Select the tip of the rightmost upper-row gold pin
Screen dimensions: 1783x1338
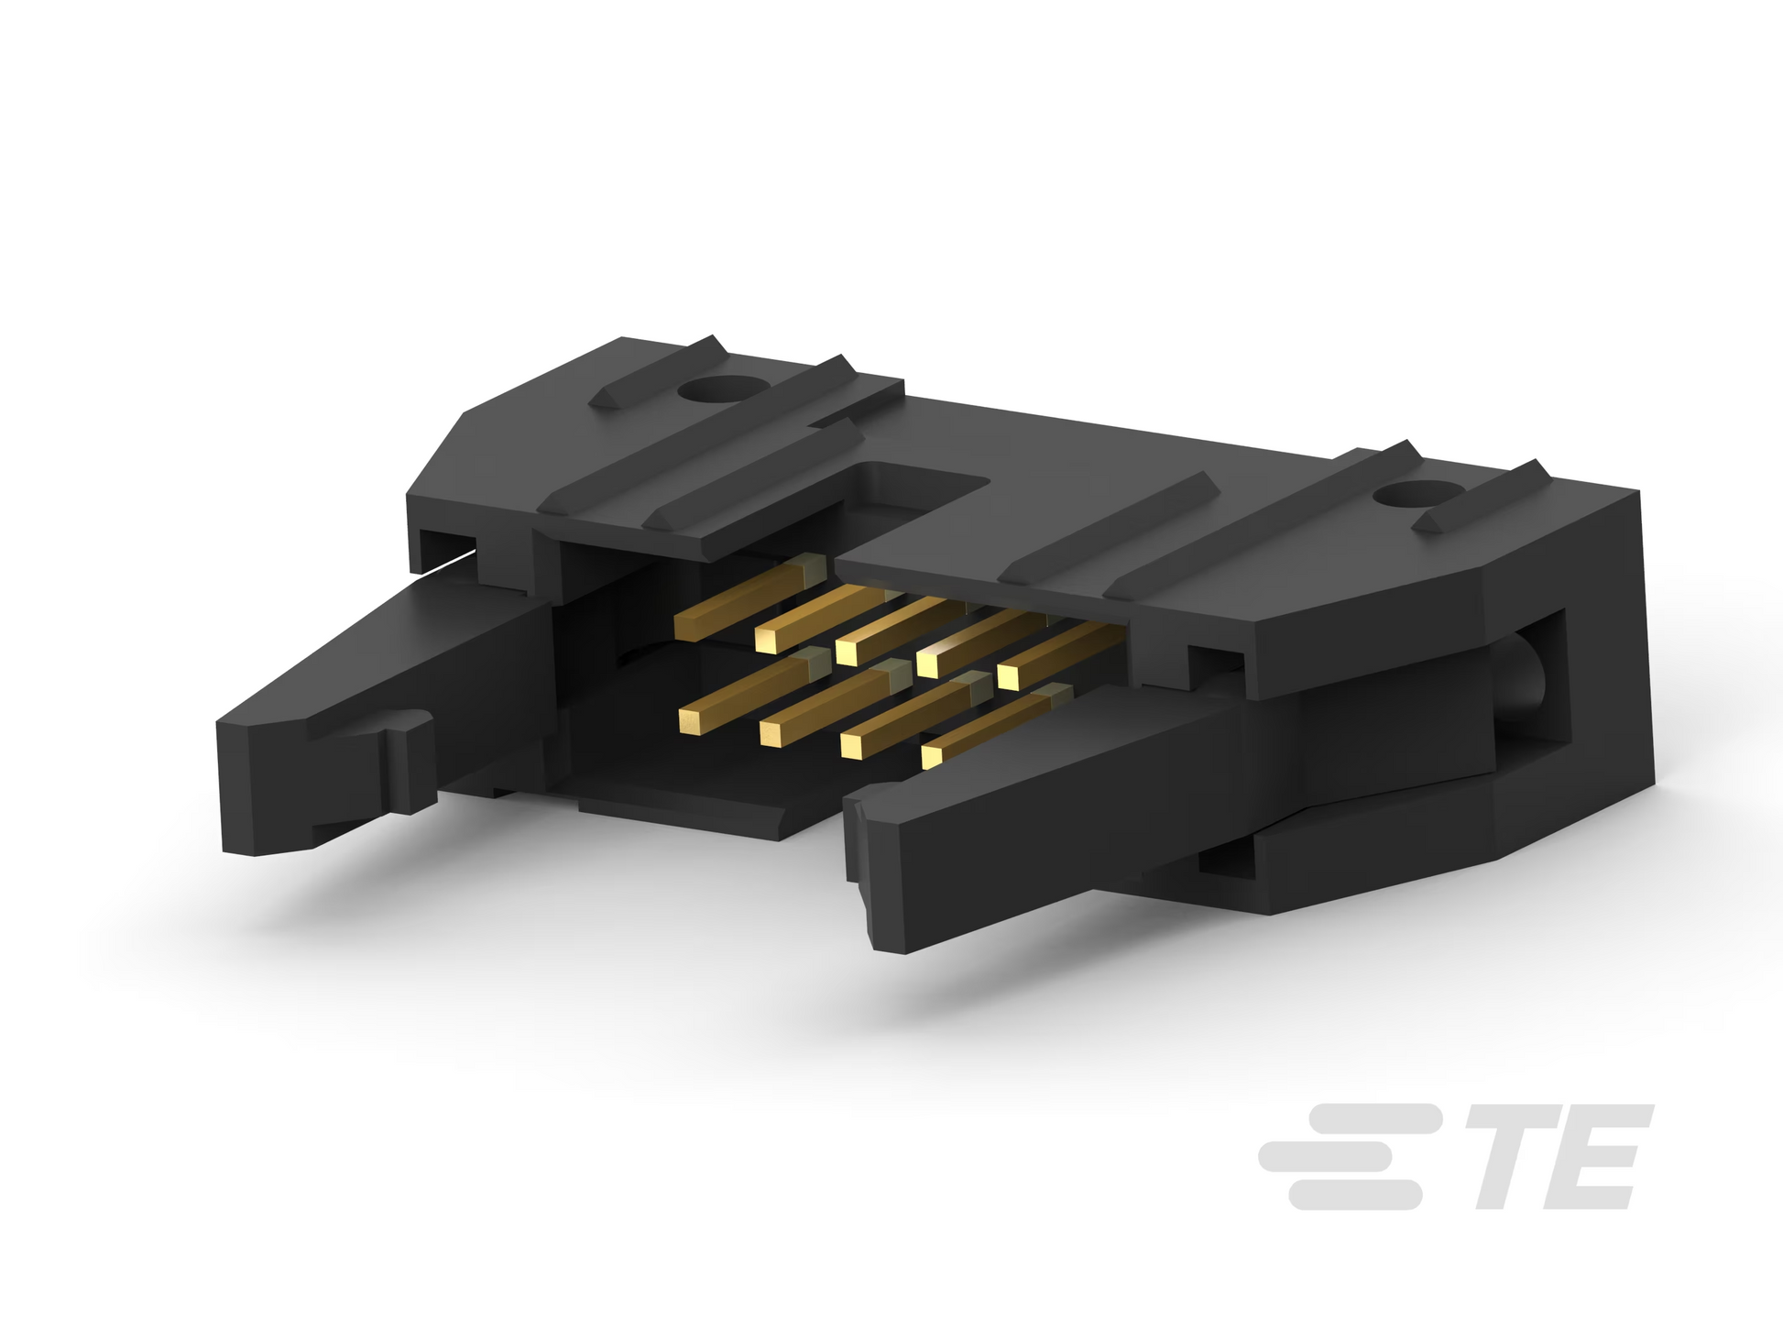pos(1008,676)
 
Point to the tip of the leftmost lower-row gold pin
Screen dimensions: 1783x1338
pos(694,720)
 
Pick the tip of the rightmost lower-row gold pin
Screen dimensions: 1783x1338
pos(932,755)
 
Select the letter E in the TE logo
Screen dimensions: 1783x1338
pos(1595,1157)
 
